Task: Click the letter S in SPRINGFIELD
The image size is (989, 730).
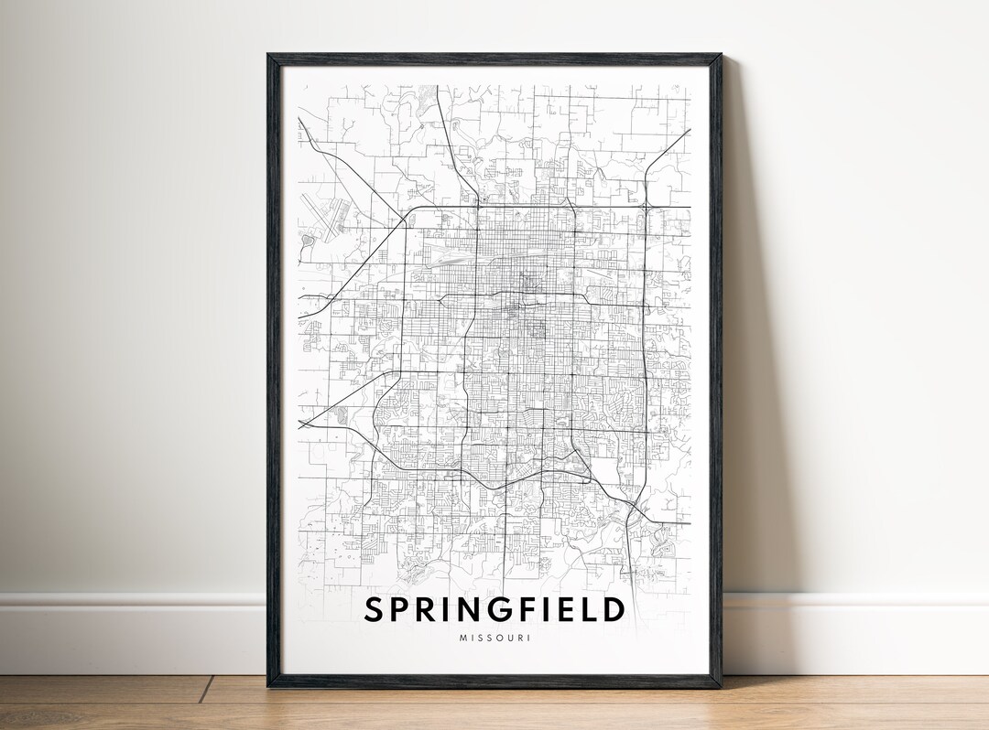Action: (x=376, y=609)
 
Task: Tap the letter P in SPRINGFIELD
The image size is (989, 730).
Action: (x=404, y=609)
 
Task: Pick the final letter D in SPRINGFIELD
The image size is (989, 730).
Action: (x=614, y=609)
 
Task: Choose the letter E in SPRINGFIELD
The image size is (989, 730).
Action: (x=569, y=609)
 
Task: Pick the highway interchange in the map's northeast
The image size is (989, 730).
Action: (x=647, y=209)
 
